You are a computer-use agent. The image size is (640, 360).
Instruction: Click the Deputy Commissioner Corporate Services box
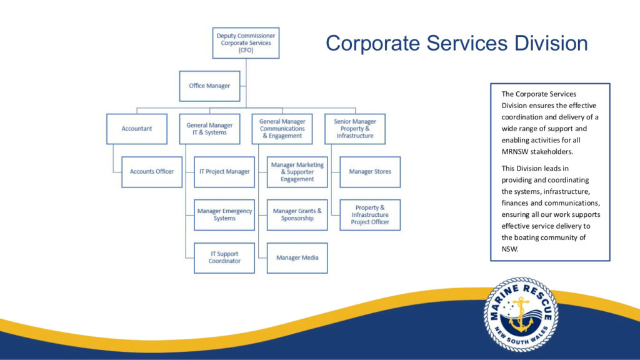(x=246, y=43)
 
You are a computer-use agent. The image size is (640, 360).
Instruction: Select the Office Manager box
(x=209, y=86)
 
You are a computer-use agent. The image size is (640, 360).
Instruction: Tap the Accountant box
(x=137, y=129)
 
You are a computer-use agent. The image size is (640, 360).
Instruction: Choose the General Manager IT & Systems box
(x=209, y=129)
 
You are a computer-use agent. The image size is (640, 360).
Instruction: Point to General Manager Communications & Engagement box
(x=282, y=129)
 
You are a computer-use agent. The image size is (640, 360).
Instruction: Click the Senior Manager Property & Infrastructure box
(x=355, y=129)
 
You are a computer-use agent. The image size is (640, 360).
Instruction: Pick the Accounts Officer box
(x=152, y=172)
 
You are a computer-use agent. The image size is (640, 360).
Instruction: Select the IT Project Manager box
(x=224, y=172)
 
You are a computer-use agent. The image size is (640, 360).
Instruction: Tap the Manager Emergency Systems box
(x=224, y=215)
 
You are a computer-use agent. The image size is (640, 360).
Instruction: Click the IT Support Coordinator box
(x=224, y=257)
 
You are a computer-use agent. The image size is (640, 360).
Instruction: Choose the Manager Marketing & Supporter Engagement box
(x=297, y=172)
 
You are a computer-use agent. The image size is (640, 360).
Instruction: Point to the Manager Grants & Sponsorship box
(x=297, y=215)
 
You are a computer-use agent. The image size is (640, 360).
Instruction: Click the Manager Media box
(x=297, y=257)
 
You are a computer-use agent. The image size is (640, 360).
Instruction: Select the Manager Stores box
(x=370, y=172)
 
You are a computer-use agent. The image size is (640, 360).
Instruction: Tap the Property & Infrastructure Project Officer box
(x=370, y=215)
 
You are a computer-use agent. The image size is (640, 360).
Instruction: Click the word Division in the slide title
(x=551, y=43)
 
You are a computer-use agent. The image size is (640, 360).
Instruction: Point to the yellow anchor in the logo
(x=521, y=314)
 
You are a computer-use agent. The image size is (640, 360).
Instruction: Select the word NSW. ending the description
(x=510, y=249)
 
